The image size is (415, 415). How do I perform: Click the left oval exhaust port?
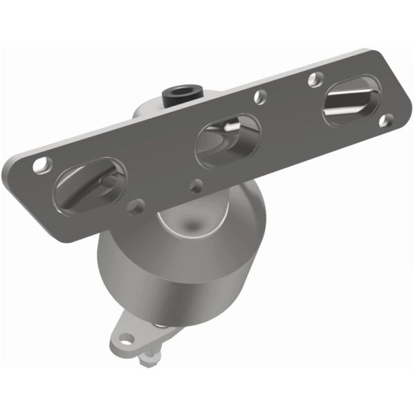[x=90, y=183]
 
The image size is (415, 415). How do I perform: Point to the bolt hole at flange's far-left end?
[x=43, y=165]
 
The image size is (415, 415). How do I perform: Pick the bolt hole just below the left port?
[x=137, y=205]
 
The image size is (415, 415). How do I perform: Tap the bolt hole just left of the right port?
[x=315, y=80]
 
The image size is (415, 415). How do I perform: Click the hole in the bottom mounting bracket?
[x=126, y=339]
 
